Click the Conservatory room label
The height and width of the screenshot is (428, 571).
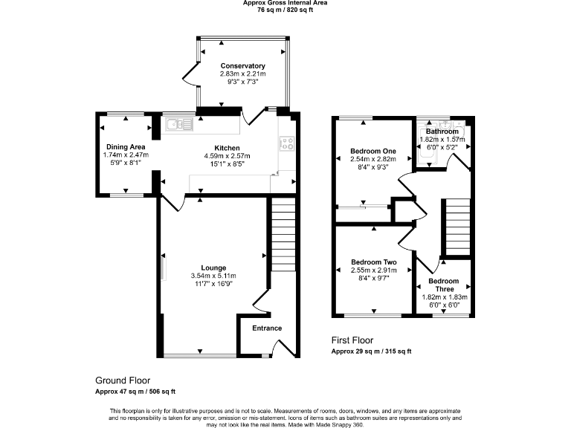coord(242,65)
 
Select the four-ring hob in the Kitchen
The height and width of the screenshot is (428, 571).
coord(286,145)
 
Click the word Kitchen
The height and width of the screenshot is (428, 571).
coord(227,147)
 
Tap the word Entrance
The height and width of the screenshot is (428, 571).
coord(267,328)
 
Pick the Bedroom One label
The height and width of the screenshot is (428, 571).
coord(372,151)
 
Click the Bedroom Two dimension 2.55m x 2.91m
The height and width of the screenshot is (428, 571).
coord(373,271)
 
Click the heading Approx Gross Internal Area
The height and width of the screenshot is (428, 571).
coord(285,4)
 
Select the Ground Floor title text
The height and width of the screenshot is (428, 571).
coord(122,379)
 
